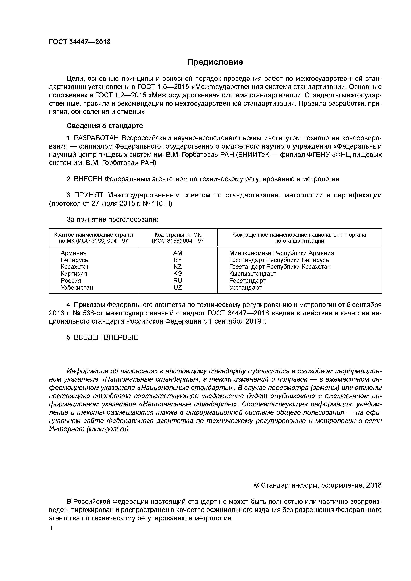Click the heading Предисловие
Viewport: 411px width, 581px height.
coord(215,62)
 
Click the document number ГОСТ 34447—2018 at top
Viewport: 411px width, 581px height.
coord(80,42)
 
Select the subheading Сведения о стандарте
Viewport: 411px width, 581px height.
coord(105,126)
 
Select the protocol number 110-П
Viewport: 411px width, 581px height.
coord(162,204)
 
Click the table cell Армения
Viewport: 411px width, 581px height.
coord(73,253)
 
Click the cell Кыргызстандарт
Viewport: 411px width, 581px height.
coord(252,274)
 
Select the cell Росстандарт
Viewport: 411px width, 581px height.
coord(247,281)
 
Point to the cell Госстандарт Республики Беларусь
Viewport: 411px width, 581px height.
coord(279,260)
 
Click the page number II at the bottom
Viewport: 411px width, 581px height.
coord(50,528)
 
